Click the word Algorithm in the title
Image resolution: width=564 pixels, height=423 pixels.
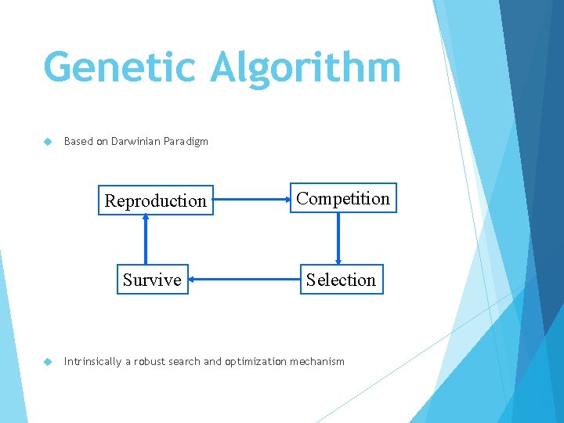tap(305, 67)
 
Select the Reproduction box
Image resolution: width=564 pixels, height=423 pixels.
tap(155, 201)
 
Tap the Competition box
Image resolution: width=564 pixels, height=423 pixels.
tap(343, 199)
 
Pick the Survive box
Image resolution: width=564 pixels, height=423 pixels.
tap(152, 280)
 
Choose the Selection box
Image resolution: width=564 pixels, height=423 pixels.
tap(341, 280)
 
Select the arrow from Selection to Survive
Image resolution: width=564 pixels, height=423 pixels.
tap(244, 280)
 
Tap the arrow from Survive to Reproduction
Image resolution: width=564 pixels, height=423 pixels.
tap(145, 240)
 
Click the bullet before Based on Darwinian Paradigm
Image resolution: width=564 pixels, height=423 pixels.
tap(47, 142)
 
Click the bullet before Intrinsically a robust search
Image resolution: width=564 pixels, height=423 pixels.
tap(47, 362)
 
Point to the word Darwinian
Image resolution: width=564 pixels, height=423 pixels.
tap(137, 142)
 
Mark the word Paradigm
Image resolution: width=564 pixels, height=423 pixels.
tap(187, 142)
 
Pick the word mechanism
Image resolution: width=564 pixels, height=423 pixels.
tap(317, 362)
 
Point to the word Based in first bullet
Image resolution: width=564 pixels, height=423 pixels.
tap(78, 142)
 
